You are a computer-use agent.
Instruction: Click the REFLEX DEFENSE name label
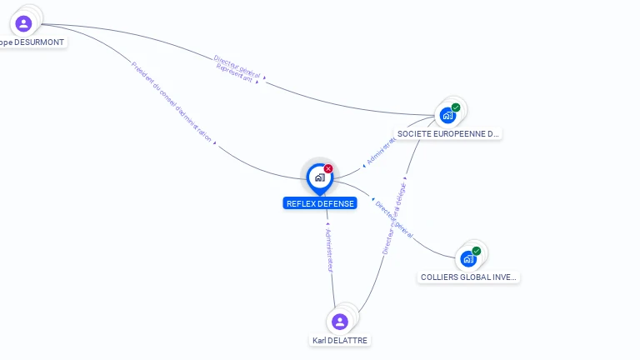point(320,203)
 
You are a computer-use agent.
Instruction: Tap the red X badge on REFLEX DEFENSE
point(328,168)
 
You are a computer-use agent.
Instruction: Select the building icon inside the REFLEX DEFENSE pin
point(319,177)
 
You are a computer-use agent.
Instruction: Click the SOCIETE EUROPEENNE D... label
point(448,133)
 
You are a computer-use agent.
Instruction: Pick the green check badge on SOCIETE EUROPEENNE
point(456,107)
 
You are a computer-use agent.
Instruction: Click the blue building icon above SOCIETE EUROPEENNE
point(447,116)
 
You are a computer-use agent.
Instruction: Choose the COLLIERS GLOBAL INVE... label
point(469,277)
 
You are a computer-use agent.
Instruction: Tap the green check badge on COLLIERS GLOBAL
point(477,251)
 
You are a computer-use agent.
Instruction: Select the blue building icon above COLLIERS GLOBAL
point(468,259)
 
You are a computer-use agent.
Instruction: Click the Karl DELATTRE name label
point(340,340)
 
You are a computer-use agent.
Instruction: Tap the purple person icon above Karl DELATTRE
point(339,322)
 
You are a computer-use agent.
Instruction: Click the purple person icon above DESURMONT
point(23,23)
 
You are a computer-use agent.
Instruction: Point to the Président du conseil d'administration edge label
point(172,102)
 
